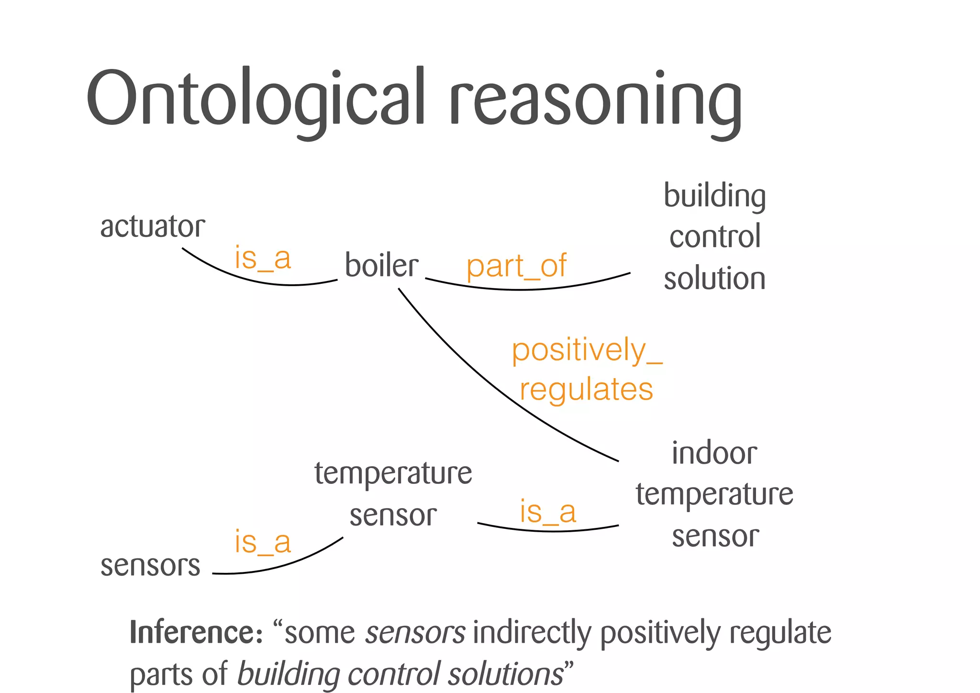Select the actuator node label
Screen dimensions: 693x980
[x=152, y=226]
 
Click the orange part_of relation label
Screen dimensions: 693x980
[x=516, y=266]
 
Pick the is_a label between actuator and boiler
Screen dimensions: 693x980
[x=262, y=258]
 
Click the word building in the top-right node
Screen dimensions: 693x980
[x=714, y=196]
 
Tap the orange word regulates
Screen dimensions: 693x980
[x=586, y=389]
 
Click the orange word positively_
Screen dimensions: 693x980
[x=586, y=350]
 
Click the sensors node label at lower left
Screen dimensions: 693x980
[x=150, y=565]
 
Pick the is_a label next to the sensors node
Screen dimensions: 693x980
[x=262, y=542]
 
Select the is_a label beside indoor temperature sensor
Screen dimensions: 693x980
[x=548, y=512]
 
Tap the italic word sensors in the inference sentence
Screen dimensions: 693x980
[x=415, y=633]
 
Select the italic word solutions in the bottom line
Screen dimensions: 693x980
[x=506, y=674]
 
